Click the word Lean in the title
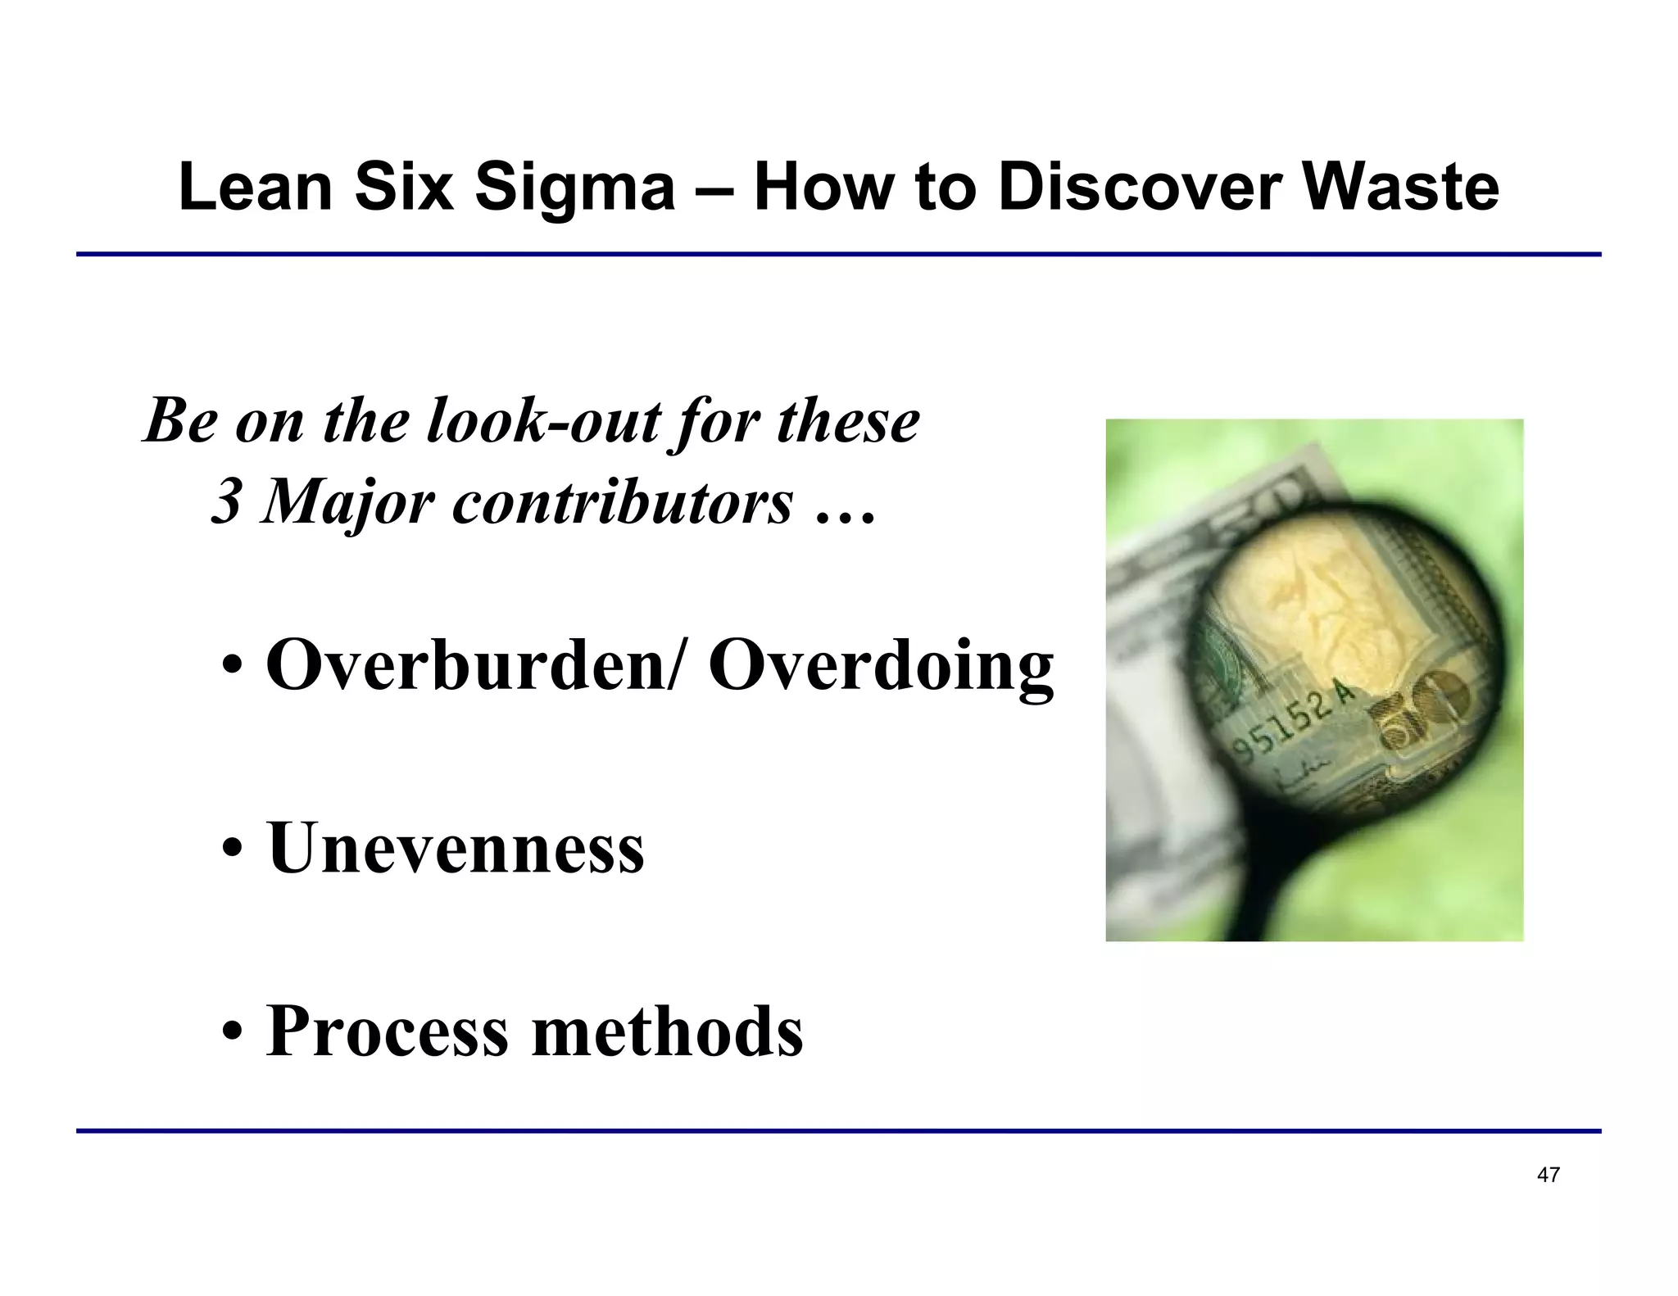(255, 187)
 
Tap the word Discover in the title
(1140, 187)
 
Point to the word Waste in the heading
(1400, 187)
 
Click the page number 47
(1548, 1175)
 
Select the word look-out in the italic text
(543, 421)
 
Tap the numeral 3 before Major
(226, 501)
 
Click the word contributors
(623, 501)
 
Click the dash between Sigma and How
(714, 188)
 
